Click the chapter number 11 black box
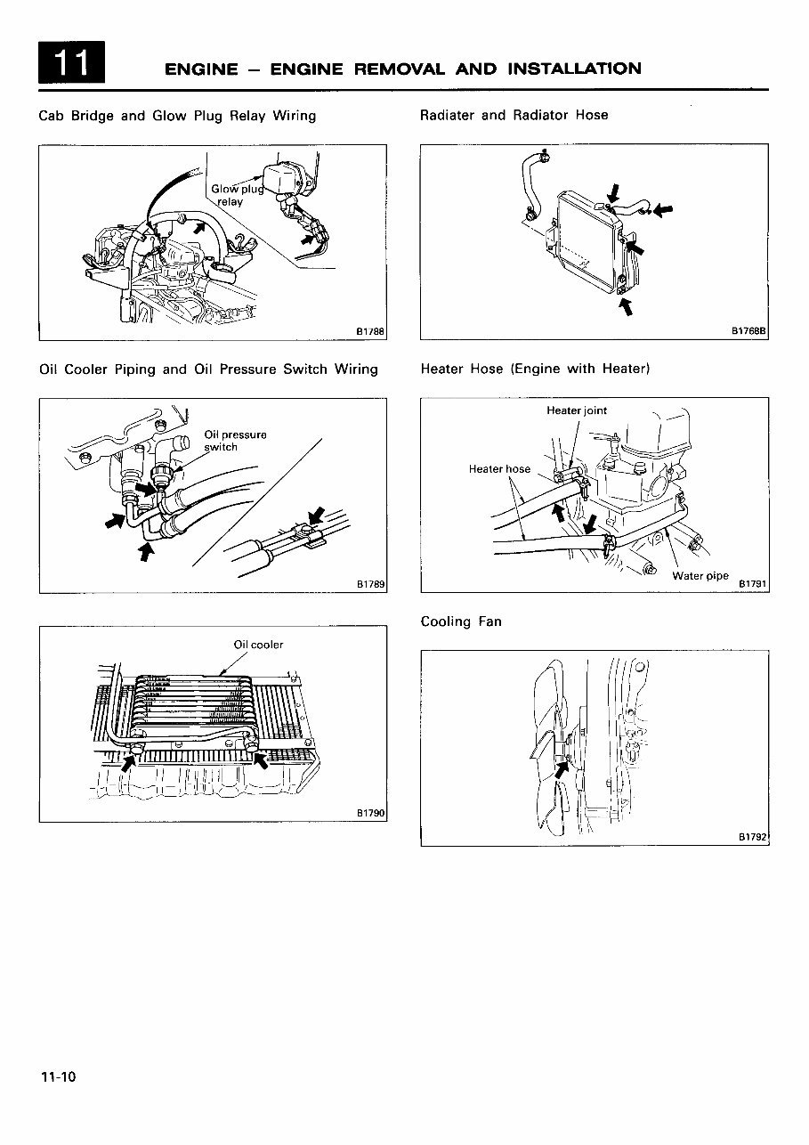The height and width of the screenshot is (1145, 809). pyautogui.click(x=72, y=64)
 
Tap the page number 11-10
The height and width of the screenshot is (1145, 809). pyautogui.click(x=58, y=1077)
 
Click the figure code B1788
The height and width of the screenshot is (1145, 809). pyautogui.click(x=369, y=331)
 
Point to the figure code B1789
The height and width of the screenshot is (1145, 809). pyautogui.click(x=369, y=585)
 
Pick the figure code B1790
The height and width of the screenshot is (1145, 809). pyautogui.click(x=369, y=814)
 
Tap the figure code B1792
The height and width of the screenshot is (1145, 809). pyautogui.click(x=752, y=837)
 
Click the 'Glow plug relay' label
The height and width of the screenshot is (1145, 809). pyautogui.click(x=232, y=195)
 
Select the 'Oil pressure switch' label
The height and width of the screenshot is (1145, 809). pyautogui.click(x=235, y=441)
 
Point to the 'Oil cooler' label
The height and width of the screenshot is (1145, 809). pyautogui.click(x=258, y=645)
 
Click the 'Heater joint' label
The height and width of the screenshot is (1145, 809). pyautogui.click(x=577, y=410)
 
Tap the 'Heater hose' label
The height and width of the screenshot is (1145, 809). pyautogui.click(x=499, y=469)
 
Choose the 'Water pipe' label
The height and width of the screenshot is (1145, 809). pyautogui.click(x=700, y=576)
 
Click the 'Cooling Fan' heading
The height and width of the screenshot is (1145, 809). pyautogui.click(x=461, y=621)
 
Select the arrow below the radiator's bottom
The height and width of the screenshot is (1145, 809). pyautogui.click(x=625, y=307)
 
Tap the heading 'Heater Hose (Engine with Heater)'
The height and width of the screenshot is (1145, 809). pyautogui.click(x=535, y=369)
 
